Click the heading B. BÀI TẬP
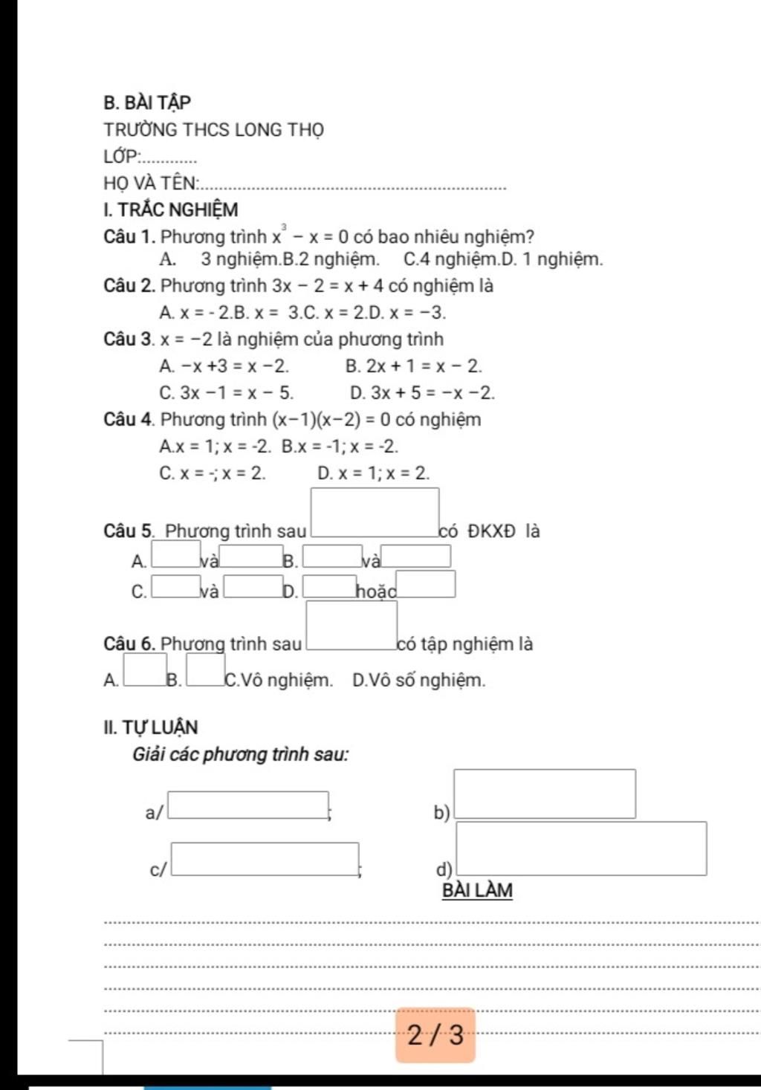point(147,102)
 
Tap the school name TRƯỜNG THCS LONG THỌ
point(214,130)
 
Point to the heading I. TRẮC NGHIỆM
point(171,210)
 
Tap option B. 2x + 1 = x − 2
point(414,366)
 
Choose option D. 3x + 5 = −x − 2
point(422,393)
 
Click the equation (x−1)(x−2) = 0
point(332,420)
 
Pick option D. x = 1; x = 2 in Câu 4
point(373,473)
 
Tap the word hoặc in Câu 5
point(375,591)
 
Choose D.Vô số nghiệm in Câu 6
point(418,680)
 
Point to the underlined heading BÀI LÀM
point(477,890)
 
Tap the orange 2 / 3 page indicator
point(435,1034)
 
